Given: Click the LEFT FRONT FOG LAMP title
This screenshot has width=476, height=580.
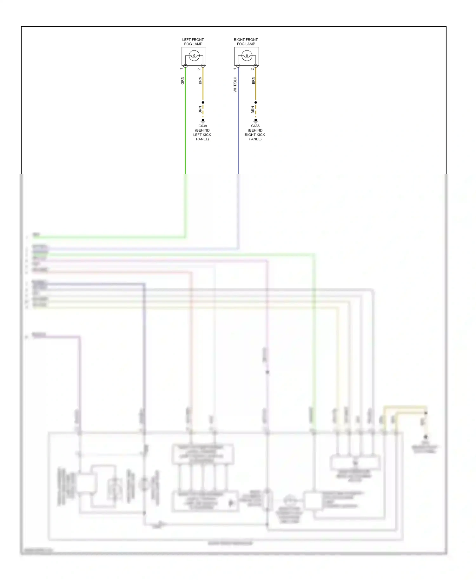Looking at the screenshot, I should point(193,42).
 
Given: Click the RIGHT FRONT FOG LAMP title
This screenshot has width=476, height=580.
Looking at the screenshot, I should point(246,42).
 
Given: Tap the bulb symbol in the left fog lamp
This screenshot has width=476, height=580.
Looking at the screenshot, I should point(194,56).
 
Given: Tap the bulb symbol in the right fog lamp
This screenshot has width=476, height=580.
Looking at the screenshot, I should point(247,56).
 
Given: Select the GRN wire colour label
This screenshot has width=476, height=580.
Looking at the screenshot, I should point(182,81).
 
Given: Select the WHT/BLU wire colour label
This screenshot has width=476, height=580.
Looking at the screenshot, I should point(235,84).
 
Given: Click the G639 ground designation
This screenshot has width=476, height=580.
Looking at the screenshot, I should point(202,126).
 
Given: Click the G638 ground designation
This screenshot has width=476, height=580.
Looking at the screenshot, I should point(255,126).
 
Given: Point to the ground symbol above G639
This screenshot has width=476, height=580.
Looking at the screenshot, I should point(203,121).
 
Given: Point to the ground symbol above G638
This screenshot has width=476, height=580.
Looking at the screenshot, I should point(255,121).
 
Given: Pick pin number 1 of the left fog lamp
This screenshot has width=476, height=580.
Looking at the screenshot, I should point(182,69).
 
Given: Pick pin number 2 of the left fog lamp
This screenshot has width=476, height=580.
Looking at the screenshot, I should point(199,69).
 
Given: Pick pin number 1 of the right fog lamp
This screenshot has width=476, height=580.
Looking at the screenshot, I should point(235,69).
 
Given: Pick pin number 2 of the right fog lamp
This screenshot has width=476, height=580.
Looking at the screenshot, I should point(252,69).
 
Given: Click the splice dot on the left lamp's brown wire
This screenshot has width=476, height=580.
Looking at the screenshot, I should point(203,102).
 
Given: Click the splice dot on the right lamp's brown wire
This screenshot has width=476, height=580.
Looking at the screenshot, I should point(255,102).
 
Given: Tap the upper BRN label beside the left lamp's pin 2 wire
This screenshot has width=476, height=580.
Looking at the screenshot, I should point(200,80).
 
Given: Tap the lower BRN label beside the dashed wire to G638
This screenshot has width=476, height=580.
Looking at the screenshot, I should point(253,110).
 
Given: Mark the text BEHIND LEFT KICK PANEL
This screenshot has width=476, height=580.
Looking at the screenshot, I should point(202,135).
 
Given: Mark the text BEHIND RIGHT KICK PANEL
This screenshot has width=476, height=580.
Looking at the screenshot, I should point(255,135).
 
